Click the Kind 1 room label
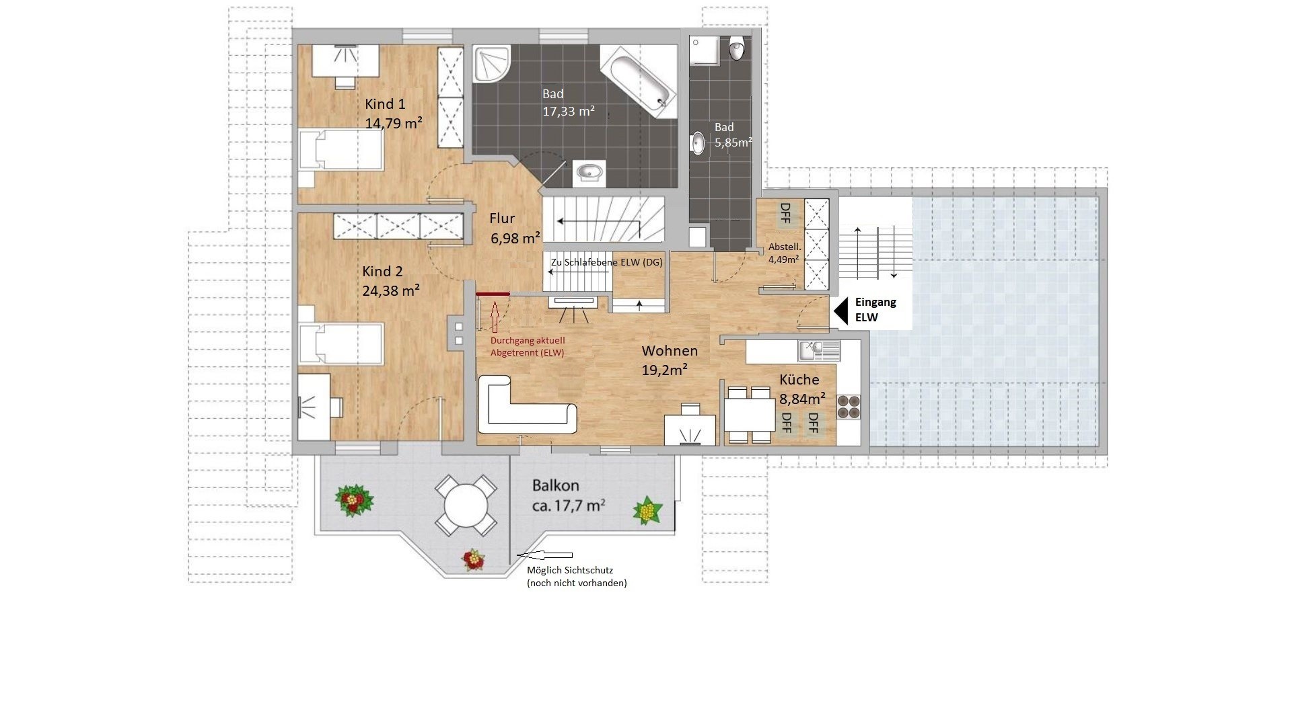pos(385,104)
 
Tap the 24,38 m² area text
pos(391,290)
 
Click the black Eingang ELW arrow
pos(840,311)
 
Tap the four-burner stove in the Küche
pos(848,407)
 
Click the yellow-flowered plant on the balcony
pos(647,510)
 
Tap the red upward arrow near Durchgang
pos(495,317)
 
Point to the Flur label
pos(502,218)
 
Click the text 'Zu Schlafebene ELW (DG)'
pos(606,262)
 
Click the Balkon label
pos(555,485)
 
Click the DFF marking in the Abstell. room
pos(785,214)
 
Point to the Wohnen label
pos(670,351)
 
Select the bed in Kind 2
pos(340,346)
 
